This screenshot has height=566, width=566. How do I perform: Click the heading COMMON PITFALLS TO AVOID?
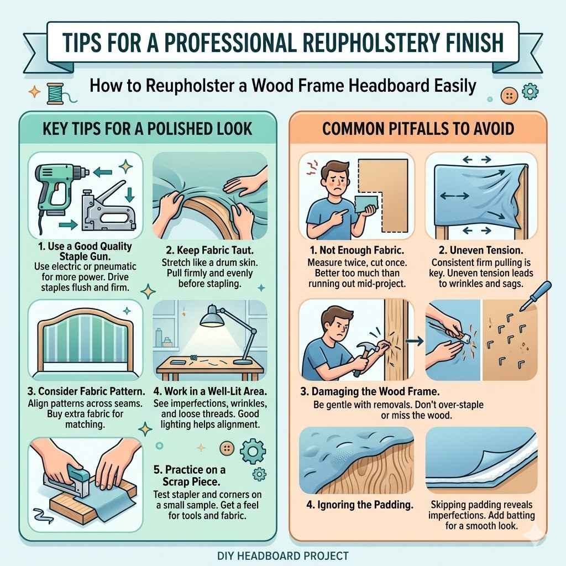418,129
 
